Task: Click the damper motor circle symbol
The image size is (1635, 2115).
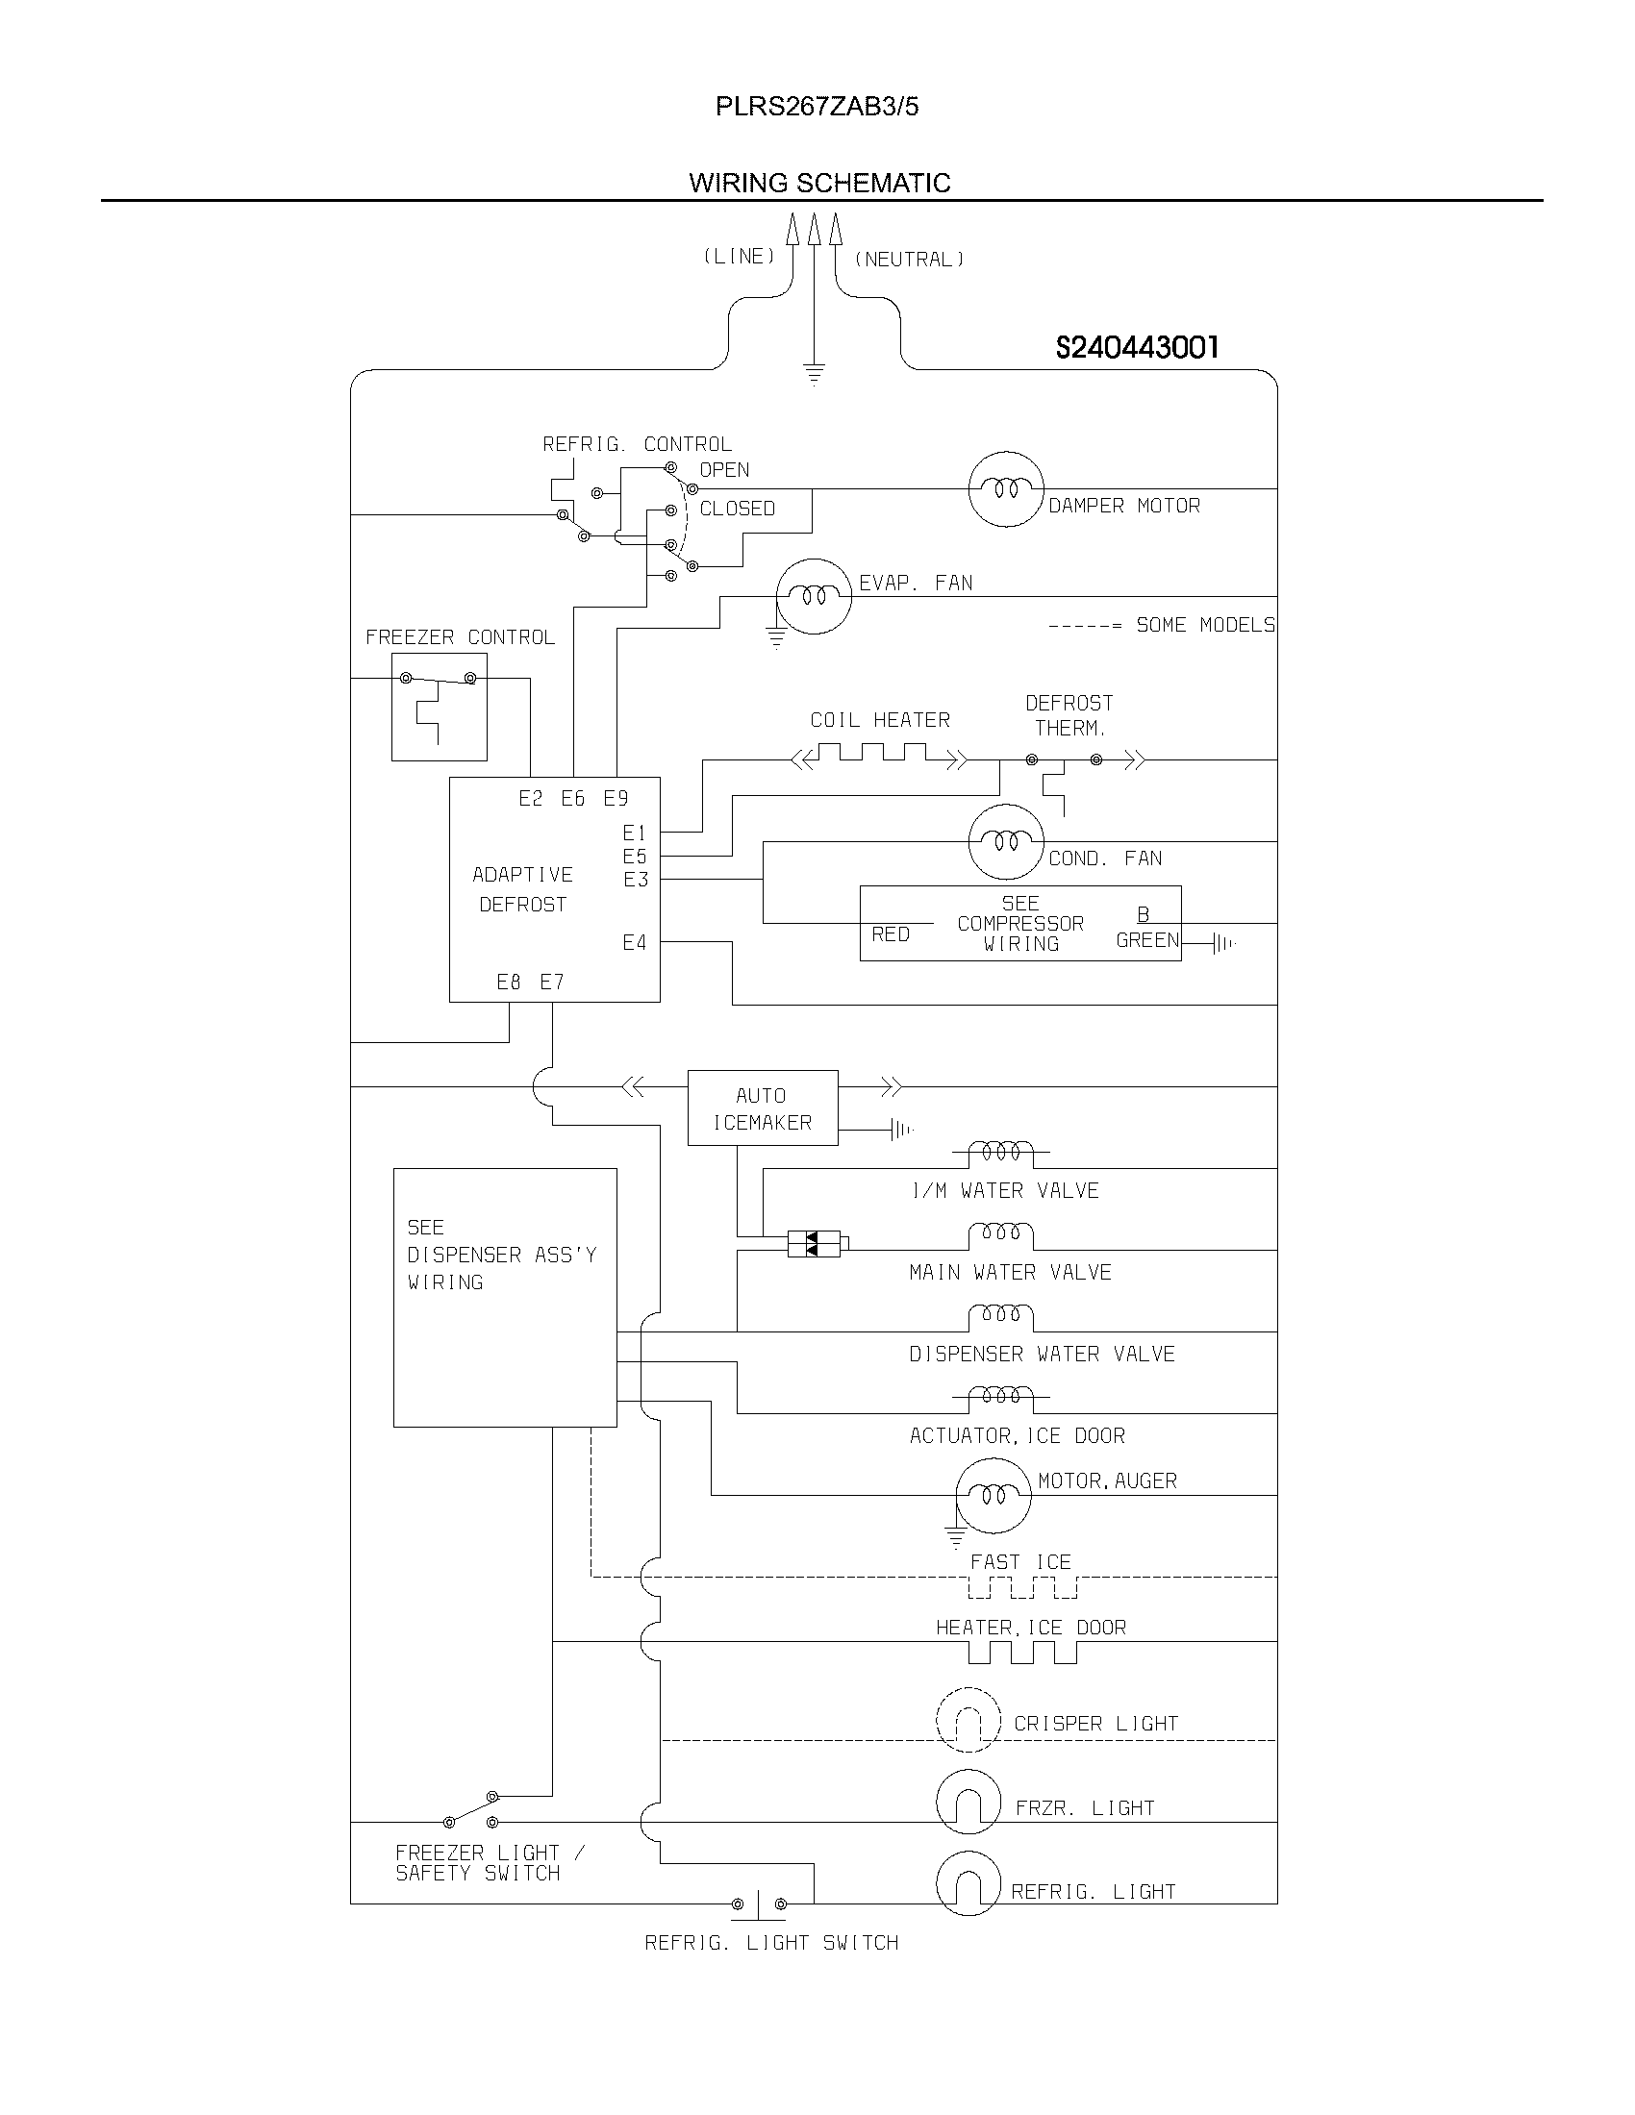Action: (1006, 489)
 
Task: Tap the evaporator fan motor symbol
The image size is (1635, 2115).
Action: (814, 597)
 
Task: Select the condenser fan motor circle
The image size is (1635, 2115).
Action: (1006, 841)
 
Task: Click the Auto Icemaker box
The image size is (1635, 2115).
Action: (763, 1107)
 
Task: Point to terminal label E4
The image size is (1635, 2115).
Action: (635, 942)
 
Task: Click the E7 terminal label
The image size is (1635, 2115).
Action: (552, 982)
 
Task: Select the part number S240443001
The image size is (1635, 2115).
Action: (1137, 347)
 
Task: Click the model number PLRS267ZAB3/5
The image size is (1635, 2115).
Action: (817, 107)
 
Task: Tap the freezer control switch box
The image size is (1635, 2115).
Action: (439, 706)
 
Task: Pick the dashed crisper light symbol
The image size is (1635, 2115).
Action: (968, 1721)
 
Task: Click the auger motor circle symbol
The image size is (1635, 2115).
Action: (993, 1496)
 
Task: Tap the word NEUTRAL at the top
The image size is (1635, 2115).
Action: (909, 260)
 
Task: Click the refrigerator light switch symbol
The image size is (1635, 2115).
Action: (759, 1903)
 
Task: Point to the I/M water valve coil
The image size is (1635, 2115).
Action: (1001, 1153)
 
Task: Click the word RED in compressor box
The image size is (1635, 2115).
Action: (891, 933)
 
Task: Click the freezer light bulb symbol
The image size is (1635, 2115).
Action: (968, 1803)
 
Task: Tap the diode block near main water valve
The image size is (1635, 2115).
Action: (814, 1243)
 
